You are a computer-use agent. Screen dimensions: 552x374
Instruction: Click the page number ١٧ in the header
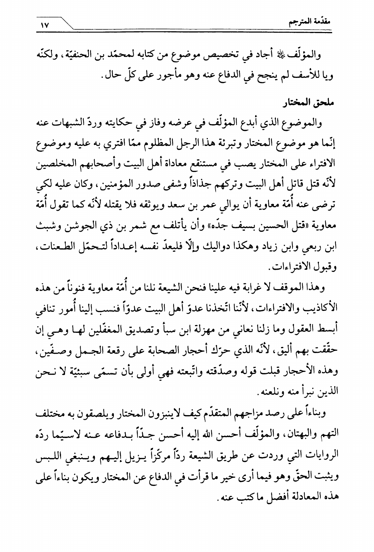pos(44,25)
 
